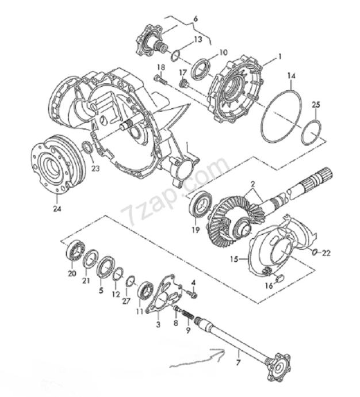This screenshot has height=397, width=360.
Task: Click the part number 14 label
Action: pos(291,76)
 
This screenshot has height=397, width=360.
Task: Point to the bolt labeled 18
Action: pos(160,80)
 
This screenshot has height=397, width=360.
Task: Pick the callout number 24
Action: pos(57,209)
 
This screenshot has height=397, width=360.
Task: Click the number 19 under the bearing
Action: pos(196,230)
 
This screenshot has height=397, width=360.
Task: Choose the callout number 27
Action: pos(126,301)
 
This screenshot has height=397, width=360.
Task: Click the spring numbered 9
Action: pos(189,316)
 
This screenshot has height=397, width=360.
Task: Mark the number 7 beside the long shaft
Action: pos(238,362)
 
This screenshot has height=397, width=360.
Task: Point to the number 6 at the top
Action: pos(196,19)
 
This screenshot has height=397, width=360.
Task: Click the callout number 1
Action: pos(280,56)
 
